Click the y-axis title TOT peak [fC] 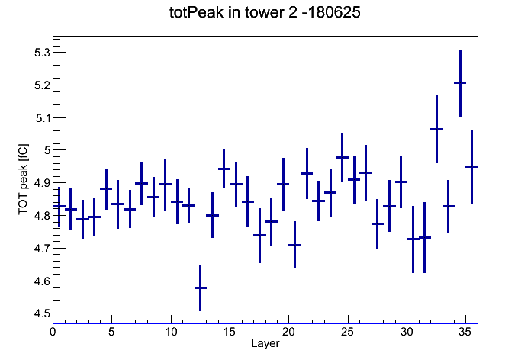pyautogui.click(x=23, y=179)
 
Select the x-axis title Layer pyautogui.click(x=265, y=343)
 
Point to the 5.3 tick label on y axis pyautogui.click(x=42, y=53)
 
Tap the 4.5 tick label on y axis pyautogui.click(x=42, y=313)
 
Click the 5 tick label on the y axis pyautogui.click(x=47, y=150)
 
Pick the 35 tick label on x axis pyautogui.click(x=465, y=332)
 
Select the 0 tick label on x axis pyautogui.click(x=53, y=332)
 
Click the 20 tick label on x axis pyautogui.click(x=288, y=332)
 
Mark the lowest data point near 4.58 pyautogui.click(x=200, y=288)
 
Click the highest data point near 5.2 pyautogui.click(x=460, y=82)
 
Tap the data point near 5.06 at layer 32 pyautogui.click(x=436, y=129)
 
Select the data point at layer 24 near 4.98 pyautogui.click(x=342, y=157)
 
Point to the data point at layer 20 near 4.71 pyautogui.click(x=294, y=245)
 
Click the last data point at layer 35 pyautogui.click(x=471, y=166)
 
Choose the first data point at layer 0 pyautogui.click(x=59, y=206)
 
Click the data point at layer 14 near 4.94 pyautogui.click(x=224, y=169)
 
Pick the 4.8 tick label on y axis pyautogui.click(x=42, y=215)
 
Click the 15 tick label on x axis pyautogui.click(x=230, y=332)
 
